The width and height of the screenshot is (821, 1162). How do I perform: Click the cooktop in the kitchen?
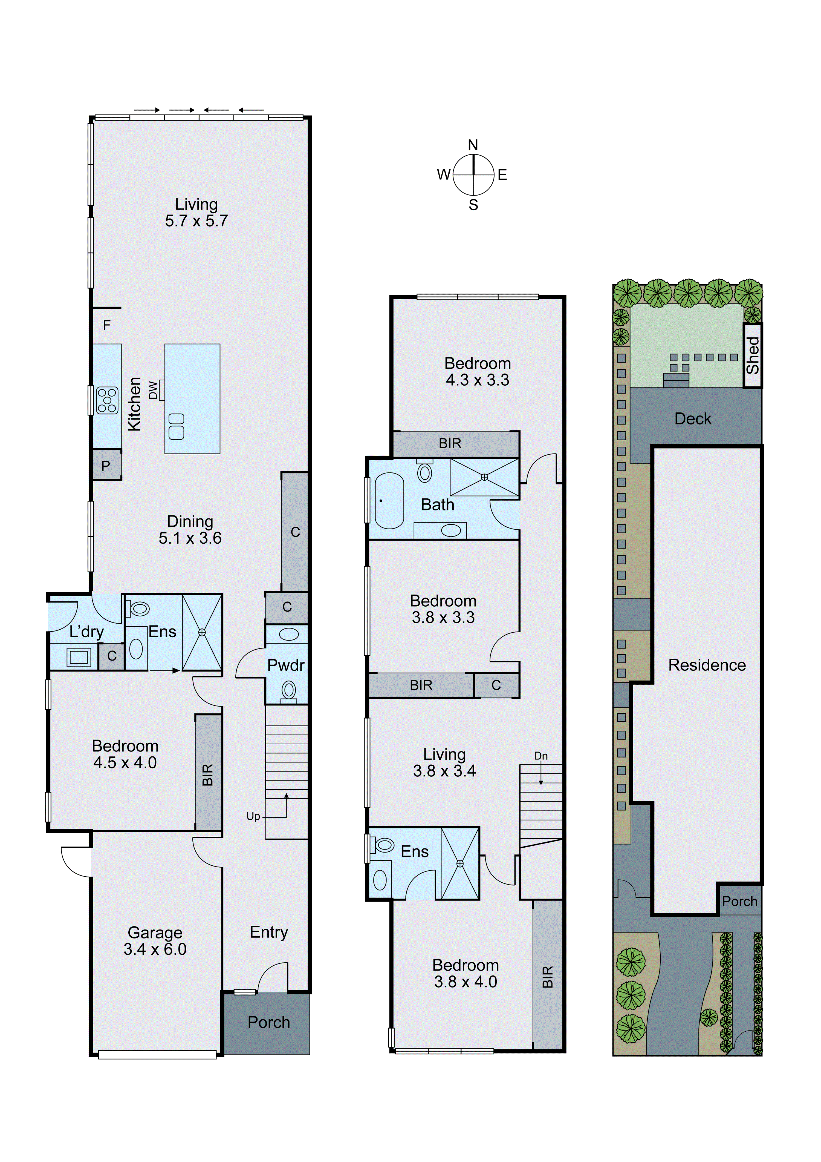click(x=107, y=400)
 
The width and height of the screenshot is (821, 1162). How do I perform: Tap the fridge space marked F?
click(x=106, y=325)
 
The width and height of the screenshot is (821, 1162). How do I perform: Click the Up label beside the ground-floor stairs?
click(x=253, y=816)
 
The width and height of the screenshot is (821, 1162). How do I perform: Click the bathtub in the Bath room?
click(x=389, y=501)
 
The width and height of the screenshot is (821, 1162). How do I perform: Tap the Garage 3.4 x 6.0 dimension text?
click(x=155, y=949)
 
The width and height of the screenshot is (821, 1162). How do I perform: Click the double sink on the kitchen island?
click(x=176, y=426)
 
